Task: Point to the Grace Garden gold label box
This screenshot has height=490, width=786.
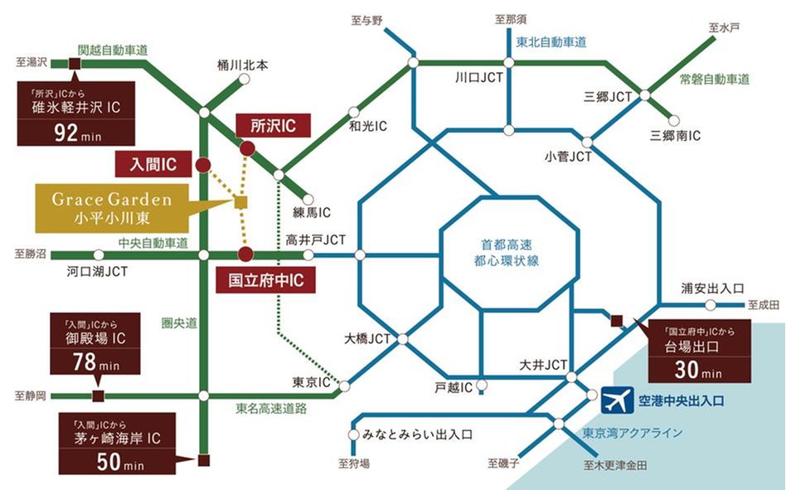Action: click(112, 208)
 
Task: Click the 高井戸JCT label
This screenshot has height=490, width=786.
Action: click(316, 240)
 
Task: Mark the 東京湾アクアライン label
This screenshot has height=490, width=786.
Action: click(632, 432)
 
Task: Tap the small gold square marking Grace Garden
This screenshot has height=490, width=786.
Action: click(240, 201)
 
